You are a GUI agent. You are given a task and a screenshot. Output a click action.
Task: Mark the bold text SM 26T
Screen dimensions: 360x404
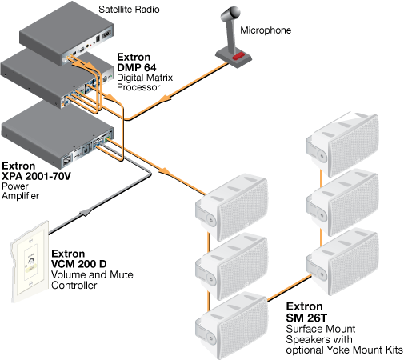(310, 318)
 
